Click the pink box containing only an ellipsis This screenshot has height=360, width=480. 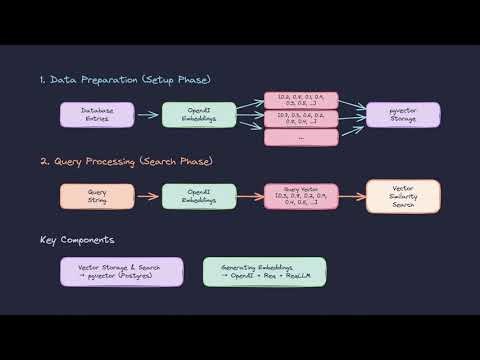pos(300,137)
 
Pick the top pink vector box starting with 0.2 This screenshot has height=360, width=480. pos(300,100)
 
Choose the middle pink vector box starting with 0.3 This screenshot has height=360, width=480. pos(300,119)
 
